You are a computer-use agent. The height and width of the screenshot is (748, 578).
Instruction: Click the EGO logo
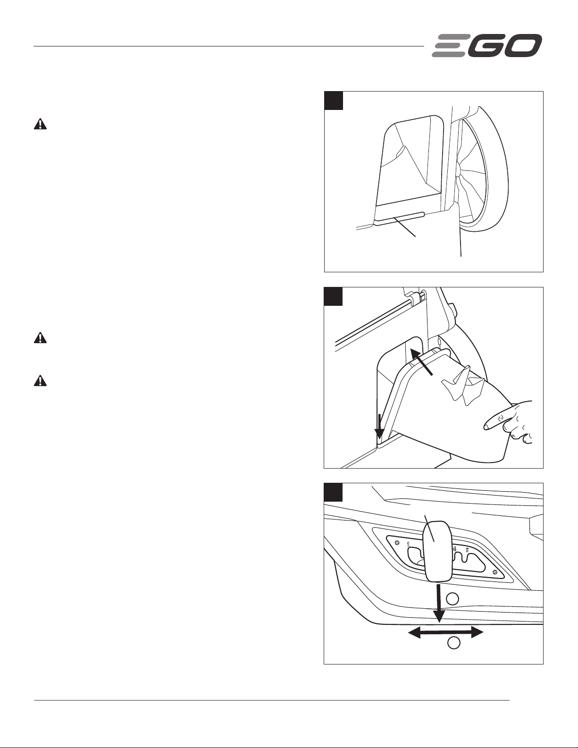coord(487,46)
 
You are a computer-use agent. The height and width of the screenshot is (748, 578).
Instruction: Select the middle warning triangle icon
coord(41,338)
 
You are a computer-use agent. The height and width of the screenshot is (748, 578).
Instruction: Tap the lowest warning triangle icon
coord(41,381)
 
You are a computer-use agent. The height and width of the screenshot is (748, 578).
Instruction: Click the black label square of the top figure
coord(334,101)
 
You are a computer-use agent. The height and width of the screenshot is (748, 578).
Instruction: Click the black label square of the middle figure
coord(334,296)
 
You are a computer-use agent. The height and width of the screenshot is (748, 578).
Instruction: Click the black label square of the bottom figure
coord(334,492)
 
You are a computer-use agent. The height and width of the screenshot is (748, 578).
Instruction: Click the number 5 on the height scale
coord(467,549)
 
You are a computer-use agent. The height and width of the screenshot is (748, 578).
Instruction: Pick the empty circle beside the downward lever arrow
coord(452,598)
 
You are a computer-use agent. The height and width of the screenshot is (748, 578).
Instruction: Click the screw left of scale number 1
coord(397,542)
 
